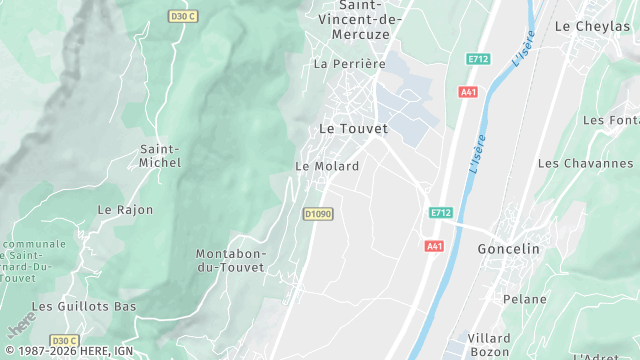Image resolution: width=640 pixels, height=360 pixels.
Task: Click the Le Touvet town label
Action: click(353, 129)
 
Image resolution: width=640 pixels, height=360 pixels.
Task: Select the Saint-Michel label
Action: click(159, 155)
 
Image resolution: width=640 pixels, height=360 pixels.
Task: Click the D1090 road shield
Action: click(317, 214)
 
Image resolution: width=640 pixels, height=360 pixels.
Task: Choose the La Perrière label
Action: click(349, 64)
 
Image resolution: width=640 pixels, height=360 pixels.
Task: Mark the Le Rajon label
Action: click(125, 210)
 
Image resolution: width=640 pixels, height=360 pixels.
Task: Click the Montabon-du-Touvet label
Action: click(231, 261)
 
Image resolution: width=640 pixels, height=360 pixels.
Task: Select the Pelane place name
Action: click(525, 299)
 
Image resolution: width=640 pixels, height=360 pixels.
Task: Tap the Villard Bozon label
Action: click(489, 346)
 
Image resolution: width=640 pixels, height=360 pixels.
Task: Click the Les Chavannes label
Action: click(585, 163)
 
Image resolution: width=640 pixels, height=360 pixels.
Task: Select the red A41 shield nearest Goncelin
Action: click(433, 246)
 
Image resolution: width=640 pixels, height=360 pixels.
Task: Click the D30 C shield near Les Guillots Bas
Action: click(64, 341)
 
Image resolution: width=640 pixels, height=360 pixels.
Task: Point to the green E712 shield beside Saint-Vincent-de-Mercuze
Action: click(477, 60)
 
